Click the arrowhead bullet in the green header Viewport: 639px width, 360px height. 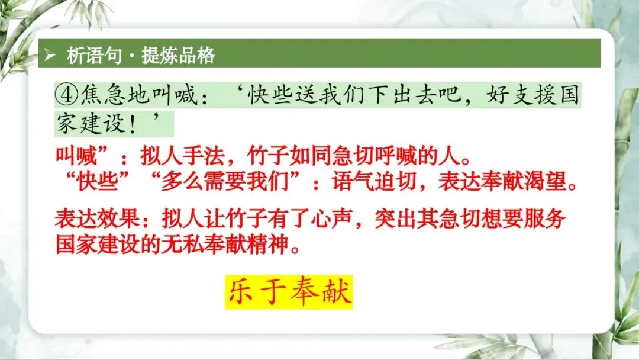click(50, 54)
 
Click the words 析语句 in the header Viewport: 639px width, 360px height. click(94, 55)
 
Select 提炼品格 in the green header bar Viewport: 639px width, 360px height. click(178, 55)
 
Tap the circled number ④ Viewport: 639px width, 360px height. click(66, 95)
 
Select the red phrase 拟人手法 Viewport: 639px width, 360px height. click(182, 156)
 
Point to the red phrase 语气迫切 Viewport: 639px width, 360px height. click(374, 181)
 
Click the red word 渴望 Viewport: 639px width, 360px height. click(546, 181)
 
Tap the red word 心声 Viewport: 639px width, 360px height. click(331, 219)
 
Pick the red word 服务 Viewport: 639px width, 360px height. click(545, 219)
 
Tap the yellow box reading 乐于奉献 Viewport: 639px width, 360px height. click(289, 292)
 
